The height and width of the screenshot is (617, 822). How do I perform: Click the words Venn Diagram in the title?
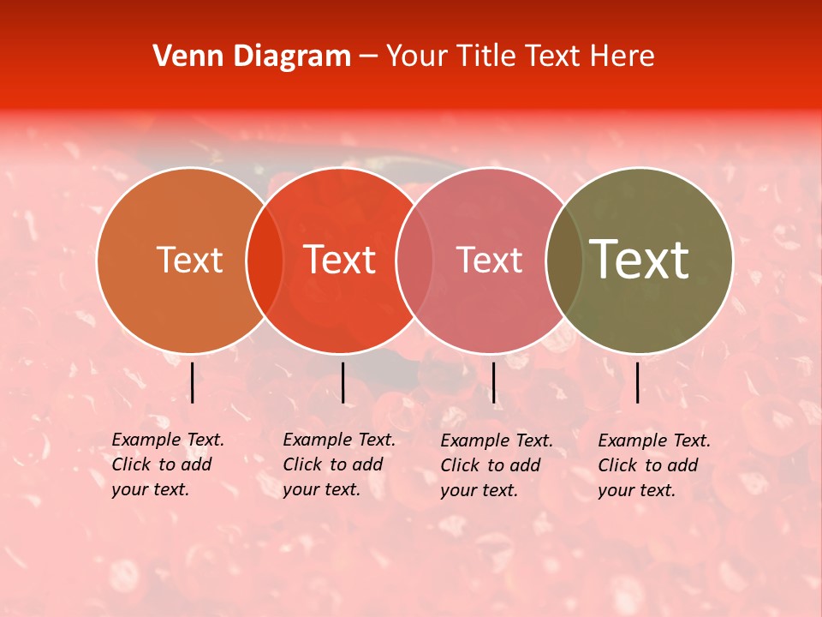click(x=252, y=57)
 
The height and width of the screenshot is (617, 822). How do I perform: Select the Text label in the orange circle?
click(x=189, y=260)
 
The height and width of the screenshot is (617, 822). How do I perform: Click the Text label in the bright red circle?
click(x=339, y=260)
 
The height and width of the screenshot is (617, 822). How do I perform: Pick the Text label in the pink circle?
click(x=489, y=260)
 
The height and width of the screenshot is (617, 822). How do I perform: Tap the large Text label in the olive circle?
click(x=640, y=260)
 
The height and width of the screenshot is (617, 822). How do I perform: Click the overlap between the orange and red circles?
click(x=265, y=261)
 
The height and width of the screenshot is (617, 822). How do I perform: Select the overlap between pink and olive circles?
click(x=564, y=261)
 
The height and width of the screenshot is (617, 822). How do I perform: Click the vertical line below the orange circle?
click(x=193, y=382)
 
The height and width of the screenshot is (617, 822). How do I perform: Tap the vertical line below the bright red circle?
click(x=342, y=382)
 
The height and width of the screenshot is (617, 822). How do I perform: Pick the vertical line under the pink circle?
click(x=493, y=382)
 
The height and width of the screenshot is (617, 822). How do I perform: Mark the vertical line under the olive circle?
click(x=638, y=382)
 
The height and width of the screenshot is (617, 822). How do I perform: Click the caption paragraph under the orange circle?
click(x=168, y=464)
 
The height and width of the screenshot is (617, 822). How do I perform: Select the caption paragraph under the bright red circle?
click(x=339, y=464)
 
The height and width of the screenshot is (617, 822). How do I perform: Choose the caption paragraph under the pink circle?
click(x=497, y=465)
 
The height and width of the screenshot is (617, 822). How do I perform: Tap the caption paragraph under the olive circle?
click(x=654, y=465)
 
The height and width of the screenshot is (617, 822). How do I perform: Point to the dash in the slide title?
click(x=368, y=57)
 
